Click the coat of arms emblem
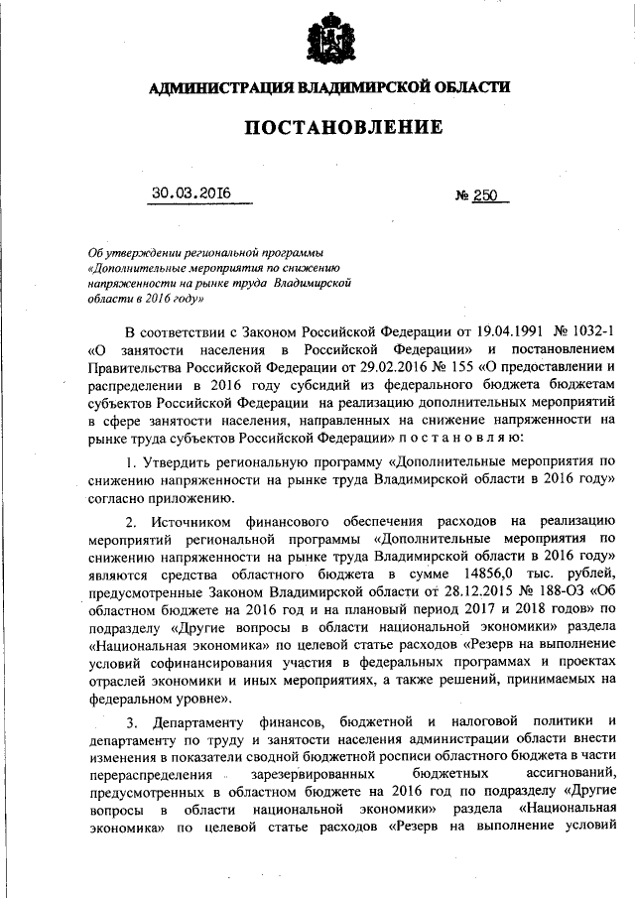point(329,41)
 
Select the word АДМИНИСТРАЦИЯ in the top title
point(214,87)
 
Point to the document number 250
point(485,195)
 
